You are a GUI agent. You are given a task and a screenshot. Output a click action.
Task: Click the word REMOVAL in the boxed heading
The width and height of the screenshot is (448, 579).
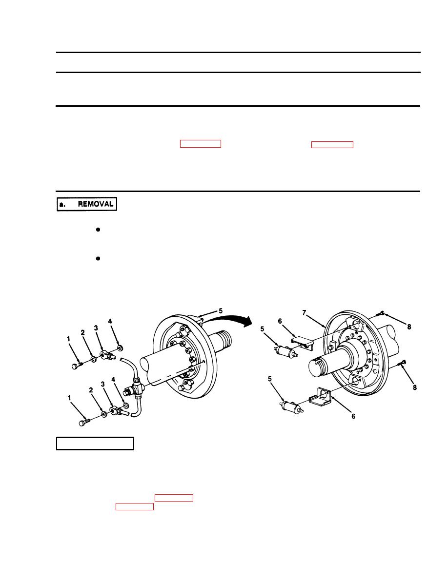pos(95,204)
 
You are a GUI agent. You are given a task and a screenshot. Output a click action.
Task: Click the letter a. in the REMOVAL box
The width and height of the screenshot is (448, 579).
pos(62,204)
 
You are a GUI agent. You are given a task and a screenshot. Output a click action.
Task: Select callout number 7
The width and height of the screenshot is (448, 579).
pos(304,313)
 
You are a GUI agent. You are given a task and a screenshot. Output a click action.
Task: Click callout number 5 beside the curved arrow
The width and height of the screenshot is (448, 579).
pos(221,311)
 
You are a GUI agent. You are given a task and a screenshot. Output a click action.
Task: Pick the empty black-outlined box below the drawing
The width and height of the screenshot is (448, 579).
pos(95,444)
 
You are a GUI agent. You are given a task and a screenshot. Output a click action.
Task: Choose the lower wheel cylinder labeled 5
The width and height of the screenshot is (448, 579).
pos(292,407)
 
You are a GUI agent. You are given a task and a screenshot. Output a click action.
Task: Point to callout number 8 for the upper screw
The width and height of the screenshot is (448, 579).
pos(409,327)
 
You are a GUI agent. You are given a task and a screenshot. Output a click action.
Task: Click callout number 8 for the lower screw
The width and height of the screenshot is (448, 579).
pos(415,387)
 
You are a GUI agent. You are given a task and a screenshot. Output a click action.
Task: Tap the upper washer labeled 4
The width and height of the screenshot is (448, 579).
pos(120,348)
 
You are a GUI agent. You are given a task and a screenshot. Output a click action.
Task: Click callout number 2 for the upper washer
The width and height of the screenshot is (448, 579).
pos(83,333)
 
